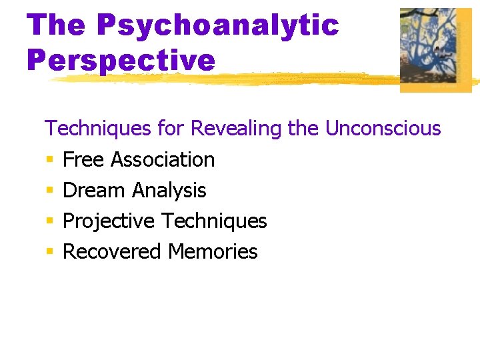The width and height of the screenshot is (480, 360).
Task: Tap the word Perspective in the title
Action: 121,60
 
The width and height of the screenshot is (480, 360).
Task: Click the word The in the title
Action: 57,25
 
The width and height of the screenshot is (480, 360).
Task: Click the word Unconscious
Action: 383,128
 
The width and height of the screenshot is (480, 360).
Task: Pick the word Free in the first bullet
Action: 84,159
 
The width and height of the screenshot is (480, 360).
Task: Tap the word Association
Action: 163,159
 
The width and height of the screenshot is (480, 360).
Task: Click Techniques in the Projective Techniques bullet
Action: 214,221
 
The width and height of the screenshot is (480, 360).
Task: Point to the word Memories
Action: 213,251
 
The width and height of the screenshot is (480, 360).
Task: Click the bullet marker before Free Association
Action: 49,160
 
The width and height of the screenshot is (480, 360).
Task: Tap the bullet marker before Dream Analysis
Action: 49,191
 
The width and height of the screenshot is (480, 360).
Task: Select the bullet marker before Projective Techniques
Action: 49,221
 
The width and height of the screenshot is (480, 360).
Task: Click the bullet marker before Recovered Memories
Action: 49,252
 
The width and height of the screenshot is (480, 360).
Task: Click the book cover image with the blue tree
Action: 435,49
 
